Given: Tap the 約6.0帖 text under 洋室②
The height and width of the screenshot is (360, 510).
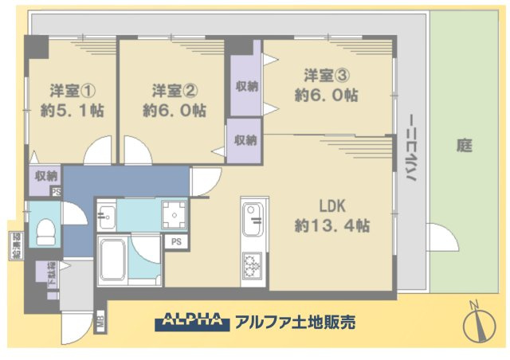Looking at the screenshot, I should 175,111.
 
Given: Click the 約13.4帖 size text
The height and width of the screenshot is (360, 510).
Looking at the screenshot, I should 331,225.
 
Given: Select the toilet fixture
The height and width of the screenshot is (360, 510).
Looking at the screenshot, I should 46,233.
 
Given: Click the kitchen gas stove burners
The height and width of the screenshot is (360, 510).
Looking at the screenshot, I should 253,265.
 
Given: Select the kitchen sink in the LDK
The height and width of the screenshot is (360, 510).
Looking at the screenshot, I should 253,219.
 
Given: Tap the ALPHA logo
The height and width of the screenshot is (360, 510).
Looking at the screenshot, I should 191,322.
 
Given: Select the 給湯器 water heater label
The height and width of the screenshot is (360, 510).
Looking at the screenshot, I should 15,246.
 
